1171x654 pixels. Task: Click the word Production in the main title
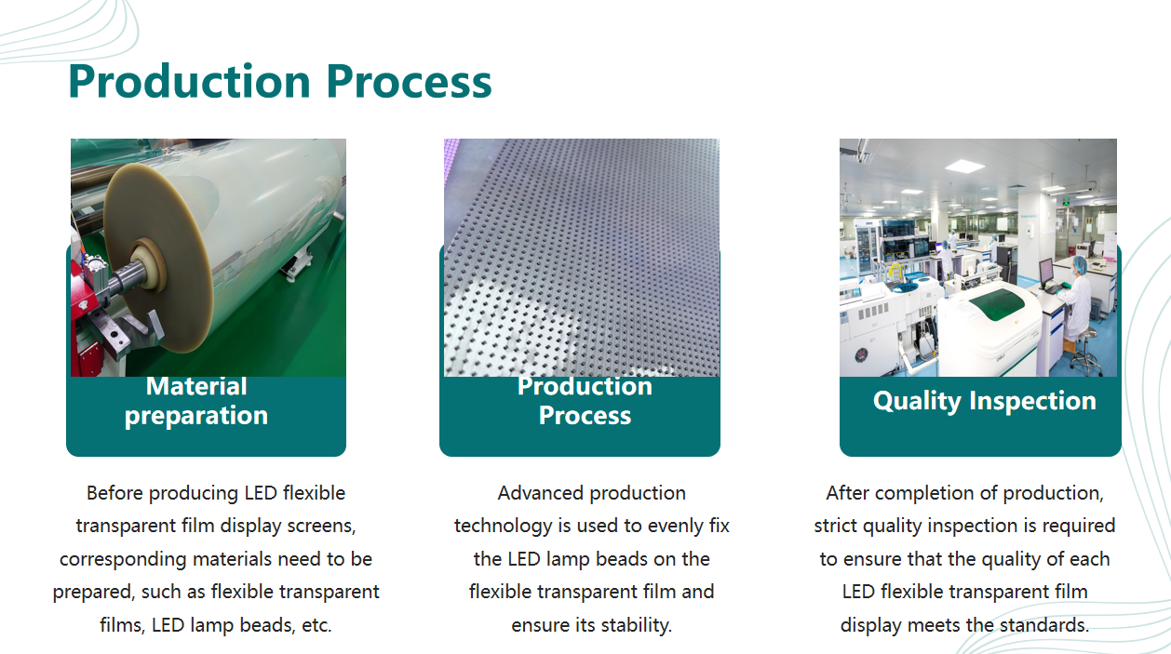click(190, 81)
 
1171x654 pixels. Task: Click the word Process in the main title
click(409, 81)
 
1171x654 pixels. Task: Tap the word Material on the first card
click(196, 387)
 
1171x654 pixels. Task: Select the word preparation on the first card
click(196, 417)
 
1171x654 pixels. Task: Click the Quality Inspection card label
click(985, 401)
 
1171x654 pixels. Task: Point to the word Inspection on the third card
click(1032, 401)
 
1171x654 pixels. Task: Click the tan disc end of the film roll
click(156, 256)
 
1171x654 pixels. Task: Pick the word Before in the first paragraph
click(114, 493)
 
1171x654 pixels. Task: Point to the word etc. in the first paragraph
click(316, 626)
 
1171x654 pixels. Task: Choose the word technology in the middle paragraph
click(503, 527)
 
